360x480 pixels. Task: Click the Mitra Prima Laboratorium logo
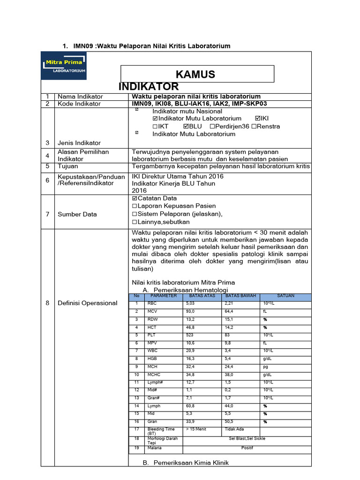tap(65, 66)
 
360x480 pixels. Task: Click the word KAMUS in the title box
tap(195, 74)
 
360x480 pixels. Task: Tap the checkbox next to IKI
tap(257, 119)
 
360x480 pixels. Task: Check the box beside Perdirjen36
tap(212, 127)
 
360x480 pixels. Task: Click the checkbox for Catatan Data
tap(135, 198)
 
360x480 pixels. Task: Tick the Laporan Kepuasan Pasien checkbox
tap(135, 206)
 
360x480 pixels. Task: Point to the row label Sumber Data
tap(77, 214)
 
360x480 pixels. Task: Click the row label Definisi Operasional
tap(87, 303)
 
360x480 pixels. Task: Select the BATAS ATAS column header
tap(202, 296)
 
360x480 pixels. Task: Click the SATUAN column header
tap(285, 296)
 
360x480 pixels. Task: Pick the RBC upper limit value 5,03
tap(190, 304)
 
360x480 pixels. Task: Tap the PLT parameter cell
tap(152, 335)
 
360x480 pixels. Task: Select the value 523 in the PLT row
tap(190, 335)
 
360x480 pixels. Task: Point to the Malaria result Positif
tap(247, 448)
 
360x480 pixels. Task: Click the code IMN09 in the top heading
tap(84, 45)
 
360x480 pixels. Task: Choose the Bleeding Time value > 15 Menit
tap(196, 429)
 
